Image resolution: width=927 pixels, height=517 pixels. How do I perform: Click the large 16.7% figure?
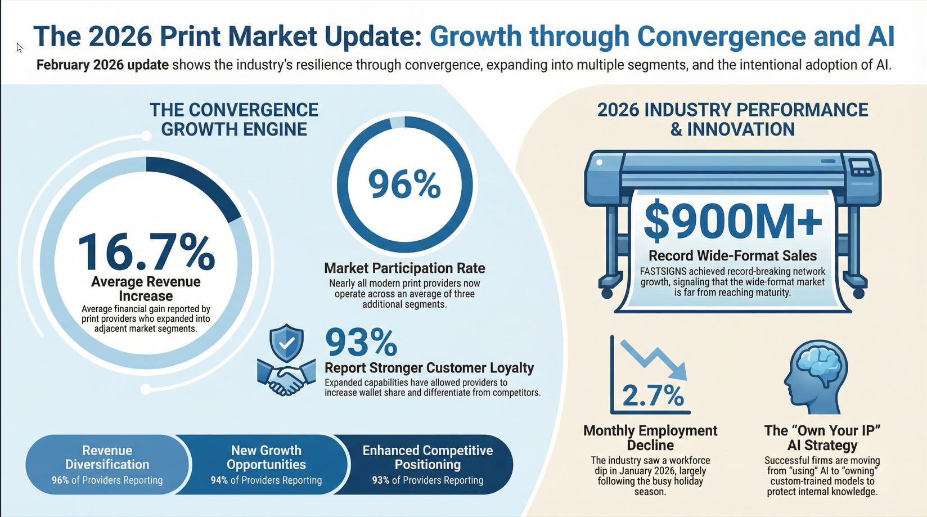pos(146,251)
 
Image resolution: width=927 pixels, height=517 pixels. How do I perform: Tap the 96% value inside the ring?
pos(404,185)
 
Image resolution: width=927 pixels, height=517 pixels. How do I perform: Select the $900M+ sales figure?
pos(732,221)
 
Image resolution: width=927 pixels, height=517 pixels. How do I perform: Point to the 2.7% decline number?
pos(652,395)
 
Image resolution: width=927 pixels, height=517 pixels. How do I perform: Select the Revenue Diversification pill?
pos(107,465)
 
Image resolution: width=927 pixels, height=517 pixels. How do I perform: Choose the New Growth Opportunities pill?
pos(266,465)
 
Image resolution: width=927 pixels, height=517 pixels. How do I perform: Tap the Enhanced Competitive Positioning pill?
pos(427,465)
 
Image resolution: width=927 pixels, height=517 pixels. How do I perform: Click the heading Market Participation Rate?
pos(404,268)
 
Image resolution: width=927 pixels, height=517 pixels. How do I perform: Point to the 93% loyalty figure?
pos(361,343)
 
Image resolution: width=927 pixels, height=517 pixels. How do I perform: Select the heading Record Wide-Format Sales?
pos(732,256)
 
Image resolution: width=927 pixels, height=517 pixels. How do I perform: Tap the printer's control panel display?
pos(861,167)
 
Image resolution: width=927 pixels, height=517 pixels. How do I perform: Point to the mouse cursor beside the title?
pos(19,48)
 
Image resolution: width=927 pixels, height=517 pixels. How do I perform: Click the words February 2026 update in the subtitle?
pos(102,65)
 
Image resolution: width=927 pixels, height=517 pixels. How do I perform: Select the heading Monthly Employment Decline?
pos(650,438)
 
